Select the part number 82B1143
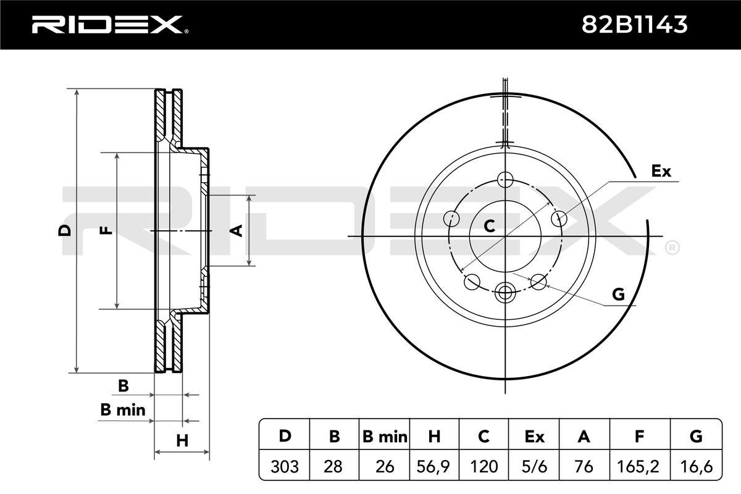(x=635, y=25)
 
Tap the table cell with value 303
(x=285, y=466)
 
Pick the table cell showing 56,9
(x=435, y=466)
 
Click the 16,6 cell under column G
(x=696, y=466)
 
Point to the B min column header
(x=385, y=437)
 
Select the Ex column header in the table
(x=535, y=437)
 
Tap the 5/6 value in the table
(x=535, y=466)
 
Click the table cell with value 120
(x=485, y=466)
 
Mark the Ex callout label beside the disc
(x=661, y=171)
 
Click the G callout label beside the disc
(x=618, y=295)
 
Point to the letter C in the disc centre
(x=490, y=226)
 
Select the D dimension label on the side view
(x=64, y=230)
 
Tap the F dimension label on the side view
(x=107, y=230)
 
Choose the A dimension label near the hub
(x=236, y=230)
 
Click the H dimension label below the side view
(x=182, y=440)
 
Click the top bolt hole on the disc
(x=505, y=180)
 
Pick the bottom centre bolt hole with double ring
(x=505, y=291)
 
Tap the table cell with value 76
(x=584, y=466)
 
